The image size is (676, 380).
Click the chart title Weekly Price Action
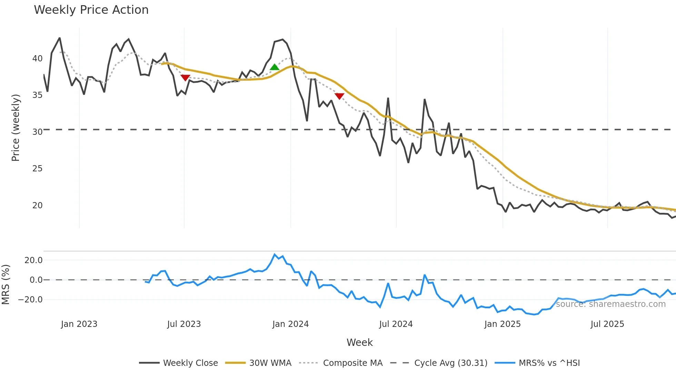(91, 10)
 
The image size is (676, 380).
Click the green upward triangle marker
(275, 67)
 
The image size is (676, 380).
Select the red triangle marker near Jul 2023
(185, 78)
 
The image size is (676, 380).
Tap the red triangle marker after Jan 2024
(339, 96)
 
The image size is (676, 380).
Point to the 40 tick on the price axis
(37, 59)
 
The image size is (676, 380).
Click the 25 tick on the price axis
(37, 169)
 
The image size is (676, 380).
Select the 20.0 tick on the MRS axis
(33, 260)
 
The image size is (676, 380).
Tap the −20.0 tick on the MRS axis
(30, 300)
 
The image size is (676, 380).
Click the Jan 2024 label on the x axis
(290, 324)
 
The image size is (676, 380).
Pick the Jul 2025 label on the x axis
(607, 324)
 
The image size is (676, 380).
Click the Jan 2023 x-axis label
(79, 324)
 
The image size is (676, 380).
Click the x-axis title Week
(359, 342)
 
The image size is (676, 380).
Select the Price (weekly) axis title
(16, 128)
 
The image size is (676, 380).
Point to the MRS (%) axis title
(6, 284)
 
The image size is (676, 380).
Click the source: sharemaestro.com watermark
(610, 304)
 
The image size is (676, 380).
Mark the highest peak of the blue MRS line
(275, 254)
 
